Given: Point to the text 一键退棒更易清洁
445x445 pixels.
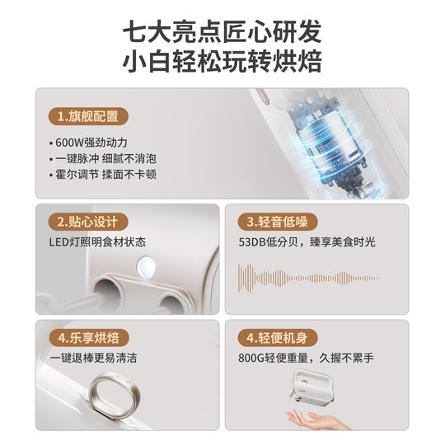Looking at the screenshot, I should [91, 358].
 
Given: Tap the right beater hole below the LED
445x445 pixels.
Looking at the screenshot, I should [176, 295].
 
